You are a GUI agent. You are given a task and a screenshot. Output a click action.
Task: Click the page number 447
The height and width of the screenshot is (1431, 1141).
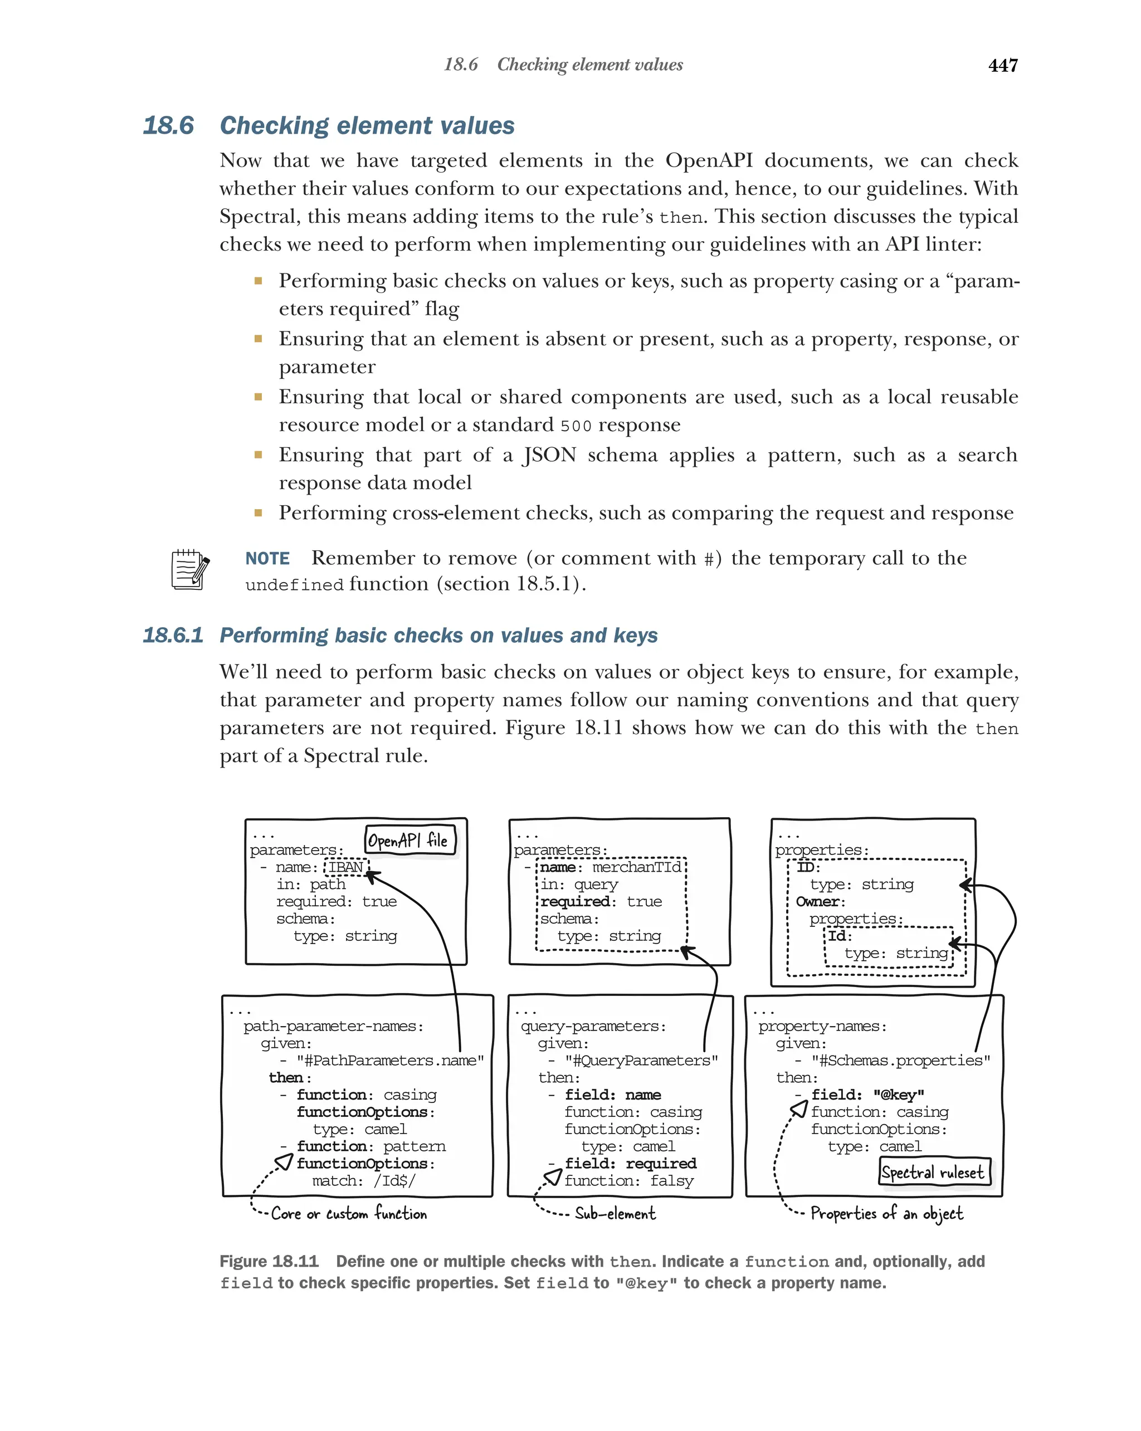pos(1002,65)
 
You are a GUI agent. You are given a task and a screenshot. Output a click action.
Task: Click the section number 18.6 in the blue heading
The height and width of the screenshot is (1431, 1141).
pos(169,125)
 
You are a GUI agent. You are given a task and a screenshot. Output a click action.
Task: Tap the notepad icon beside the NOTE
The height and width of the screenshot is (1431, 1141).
pos(190,569)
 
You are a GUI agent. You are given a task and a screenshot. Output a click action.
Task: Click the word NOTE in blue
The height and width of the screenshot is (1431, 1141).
pos(267,558)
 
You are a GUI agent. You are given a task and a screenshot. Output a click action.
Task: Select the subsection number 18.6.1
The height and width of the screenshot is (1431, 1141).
pos(173,635)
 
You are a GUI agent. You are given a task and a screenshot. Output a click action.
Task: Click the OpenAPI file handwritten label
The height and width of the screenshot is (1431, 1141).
pos(409,841)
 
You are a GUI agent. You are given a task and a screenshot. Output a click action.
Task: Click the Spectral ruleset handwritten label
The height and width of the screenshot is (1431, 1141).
pos(933,1172)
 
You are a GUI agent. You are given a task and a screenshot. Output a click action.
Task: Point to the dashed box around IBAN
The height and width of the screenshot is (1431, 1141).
pos(346,867)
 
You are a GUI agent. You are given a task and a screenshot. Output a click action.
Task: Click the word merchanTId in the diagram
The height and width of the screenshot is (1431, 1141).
pos(636,867)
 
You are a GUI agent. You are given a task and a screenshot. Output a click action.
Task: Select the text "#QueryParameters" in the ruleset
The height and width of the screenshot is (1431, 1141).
pos(641,1060)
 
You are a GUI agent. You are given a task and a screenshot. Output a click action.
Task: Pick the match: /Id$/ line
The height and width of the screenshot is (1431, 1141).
pos(364,1181)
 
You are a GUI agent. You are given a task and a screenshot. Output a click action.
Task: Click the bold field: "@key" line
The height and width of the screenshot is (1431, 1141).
pos(867,1095)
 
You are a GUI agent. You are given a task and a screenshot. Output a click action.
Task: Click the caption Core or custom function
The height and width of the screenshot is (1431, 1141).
pos(348,1213)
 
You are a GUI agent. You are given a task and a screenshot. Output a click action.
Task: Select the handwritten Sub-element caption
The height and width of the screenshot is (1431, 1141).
pos(615,1213)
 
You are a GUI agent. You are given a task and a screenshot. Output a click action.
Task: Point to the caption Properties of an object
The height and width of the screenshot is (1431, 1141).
pos(886,1213)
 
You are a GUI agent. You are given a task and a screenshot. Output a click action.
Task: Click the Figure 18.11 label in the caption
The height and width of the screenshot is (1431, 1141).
pos(269,1261)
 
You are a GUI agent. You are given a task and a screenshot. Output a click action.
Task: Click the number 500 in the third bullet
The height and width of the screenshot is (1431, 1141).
pos(576,426)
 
